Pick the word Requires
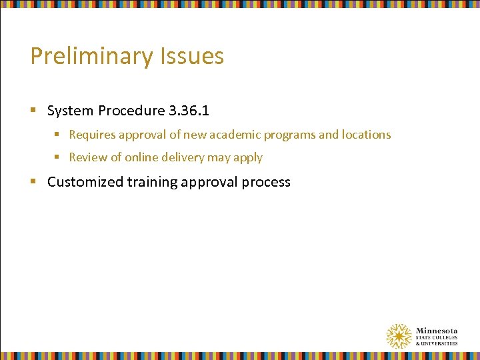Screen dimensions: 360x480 click(92, 135)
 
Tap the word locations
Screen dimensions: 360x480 click(366, 135)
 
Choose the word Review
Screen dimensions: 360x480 click(87, 158)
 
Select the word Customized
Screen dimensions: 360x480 click(81, 182)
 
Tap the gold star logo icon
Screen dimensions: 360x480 click(399, 336)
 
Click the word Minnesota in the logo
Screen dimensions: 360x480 click(437, 331)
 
